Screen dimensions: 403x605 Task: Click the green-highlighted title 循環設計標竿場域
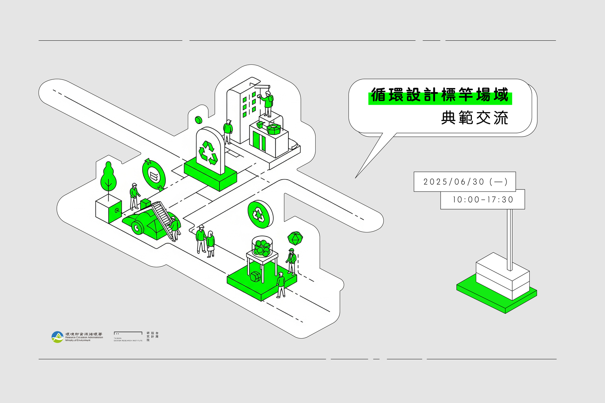pyautogui.click(x=440, y=95)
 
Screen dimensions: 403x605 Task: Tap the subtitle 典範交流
pyautogui.click(x=474, y=118)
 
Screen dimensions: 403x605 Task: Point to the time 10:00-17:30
pyautogui.click(x=483, y=200)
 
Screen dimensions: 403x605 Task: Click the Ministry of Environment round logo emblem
pyautogui.click(x=57, y=337)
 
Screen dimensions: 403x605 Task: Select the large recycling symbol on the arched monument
pyautogui.click(x=208, y=152)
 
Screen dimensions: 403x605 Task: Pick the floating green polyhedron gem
pyautogui.click(x=295, y=238)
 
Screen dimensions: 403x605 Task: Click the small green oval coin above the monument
pyautogui.click(x=198, y=119)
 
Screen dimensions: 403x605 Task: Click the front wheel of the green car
pyautogui.click(x=137, y=228)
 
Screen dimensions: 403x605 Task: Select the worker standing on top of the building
pyautogui.click(x=268, y=102)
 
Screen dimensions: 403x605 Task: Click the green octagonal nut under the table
pyautogui.click(x=255, y=277)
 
